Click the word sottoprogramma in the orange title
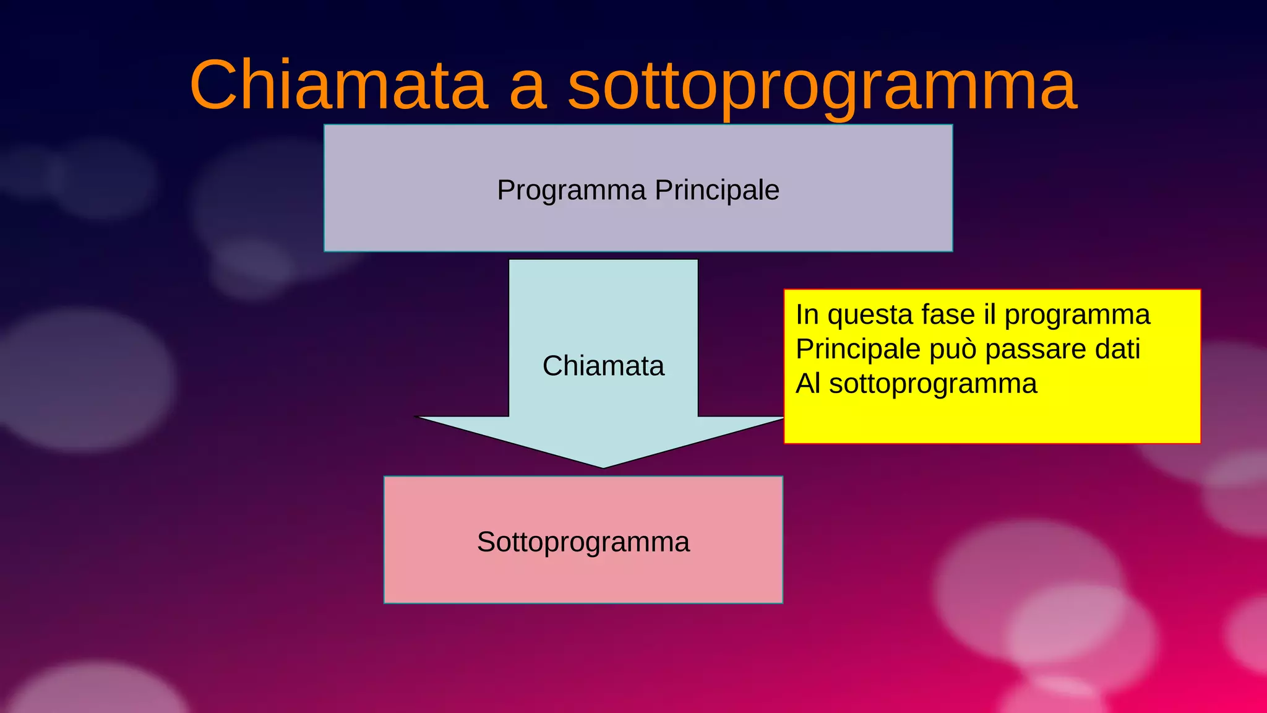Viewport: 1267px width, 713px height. pyautogui.click(x=822, y=87)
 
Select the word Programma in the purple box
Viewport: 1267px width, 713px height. pyautogui.click(x=571, y=191)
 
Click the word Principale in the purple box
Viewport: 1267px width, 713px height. pyautogui.click(x=717, y=191)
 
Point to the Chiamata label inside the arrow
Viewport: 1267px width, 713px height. pyautogui.click(x=603, y=366)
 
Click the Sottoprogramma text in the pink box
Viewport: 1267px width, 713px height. pyautogui.click(x=583, y=542)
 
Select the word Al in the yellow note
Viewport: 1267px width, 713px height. pyautogui.click(x=808, y=384)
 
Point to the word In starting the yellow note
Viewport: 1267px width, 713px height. pyautogui.click(x=807, y=314)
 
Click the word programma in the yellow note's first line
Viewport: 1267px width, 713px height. pyautogui.click(x=1076, y=316)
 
